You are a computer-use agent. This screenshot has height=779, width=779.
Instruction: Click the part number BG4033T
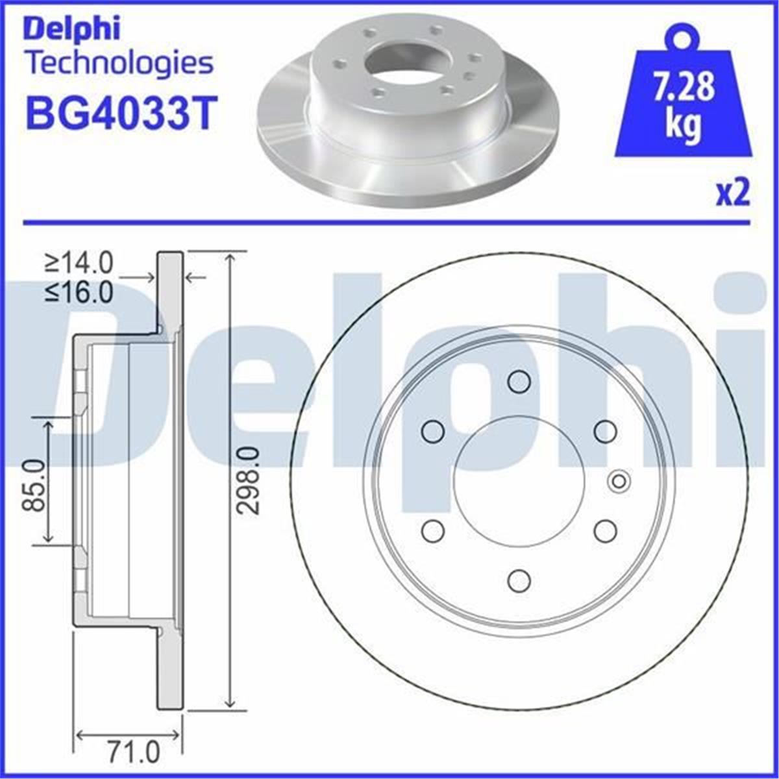pos(119,113)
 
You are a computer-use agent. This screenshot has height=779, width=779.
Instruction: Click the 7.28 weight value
pos(683,89)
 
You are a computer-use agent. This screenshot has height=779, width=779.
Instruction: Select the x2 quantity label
pos(732,194)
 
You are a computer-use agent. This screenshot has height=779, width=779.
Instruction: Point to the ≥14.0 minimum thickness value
pos(79,264)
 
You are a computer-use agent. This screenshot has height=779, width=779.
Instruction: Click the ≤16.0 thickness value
pos(79,293)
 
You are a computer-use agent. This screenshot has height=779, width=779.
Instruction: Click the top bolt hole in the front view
pos(519,381)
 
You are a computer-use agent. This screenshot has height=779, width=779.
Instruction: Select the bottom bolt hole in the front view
pos(519,580)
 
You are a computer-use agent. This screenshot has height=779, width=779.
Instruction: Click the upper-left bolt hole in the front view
pos(432,431)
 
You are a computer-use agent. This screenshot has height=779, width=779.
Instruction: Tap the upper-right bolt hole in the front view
pos(605,431)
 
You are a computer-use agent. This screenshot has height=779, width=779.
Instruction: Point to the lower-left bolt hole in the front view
pos(432,531)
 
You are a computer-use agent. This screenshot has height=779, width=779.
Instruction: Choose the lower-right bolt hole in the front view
pos(605,531)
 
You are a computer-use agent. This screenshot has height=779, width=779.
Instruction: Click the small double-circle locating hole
pos(619,481)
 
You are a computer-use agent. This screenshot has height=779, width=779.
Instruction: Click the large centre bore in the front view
pos(519,481)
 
